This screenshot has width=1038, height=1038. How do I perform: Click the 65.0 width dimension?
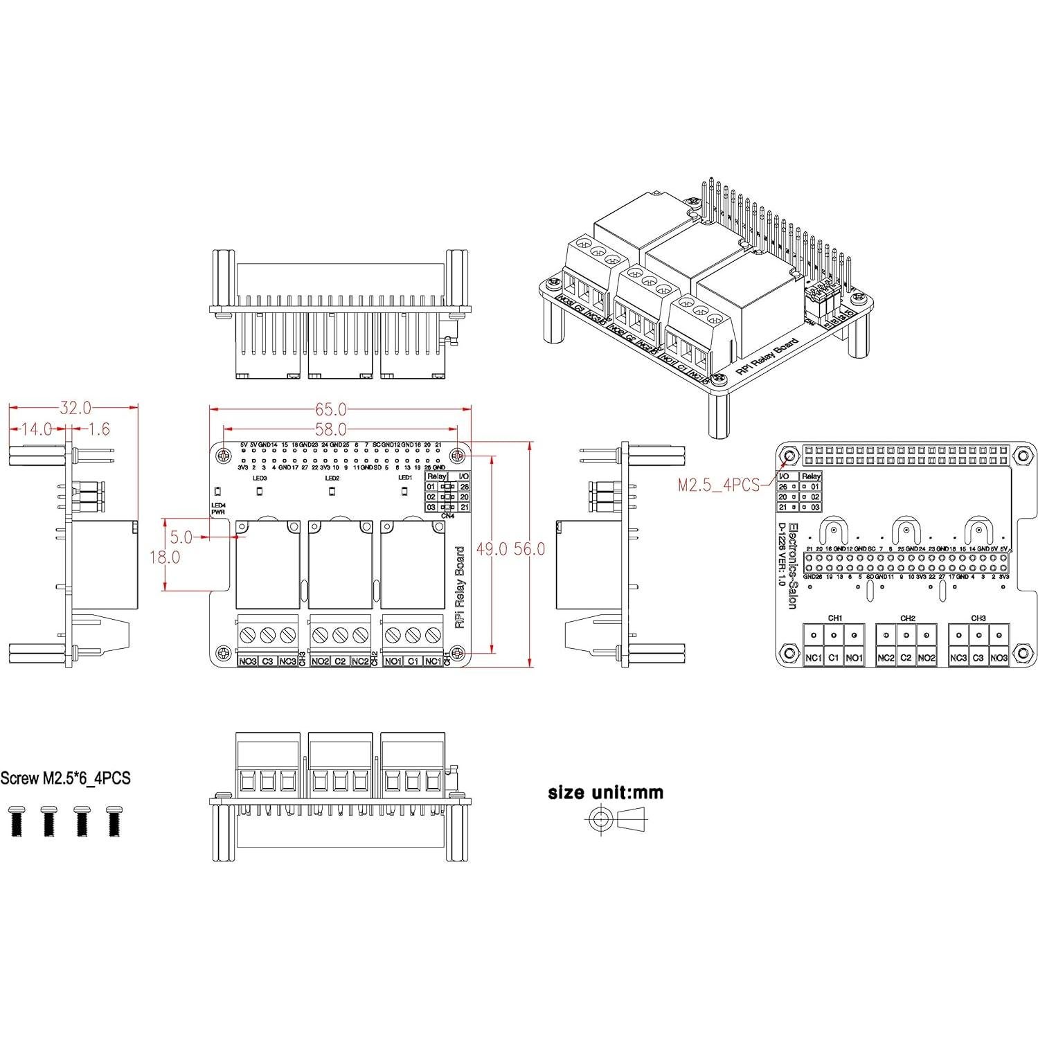330,410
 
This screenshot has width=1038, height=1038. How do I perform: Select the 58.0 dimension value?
330,430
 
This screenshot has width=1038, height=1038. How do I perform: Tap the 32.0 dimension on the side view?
75,408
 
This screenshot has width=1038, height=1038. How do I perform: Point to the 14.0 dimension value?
36,429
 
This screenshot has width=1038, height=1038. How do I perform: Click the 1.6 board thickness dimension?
98,429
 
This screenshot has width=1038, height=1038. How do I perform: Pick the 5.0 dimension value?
181,537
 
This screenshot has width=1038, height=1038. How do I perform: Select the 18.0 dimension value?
165,557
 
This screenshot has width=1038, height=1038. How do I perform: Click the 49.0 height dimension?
491,549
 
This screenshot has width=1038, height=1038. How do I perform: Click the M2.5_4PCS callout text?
719,485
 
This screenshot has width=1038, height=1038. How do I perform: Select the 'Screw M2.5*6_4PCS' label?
65,778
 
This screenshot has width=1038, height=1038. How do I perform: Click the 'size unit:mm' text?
605,792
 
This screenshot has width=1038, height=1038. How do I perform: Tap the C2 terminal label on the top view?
340,661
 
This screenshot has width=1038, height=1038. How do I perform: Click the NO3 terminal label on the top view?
248,661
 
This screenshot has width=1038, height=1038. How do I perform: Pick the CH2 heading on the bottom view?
908,618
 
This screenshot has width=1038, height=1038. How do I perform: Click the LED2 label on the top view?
332,478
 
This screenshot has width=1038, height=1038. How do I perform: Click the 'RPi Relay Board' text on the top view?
459,587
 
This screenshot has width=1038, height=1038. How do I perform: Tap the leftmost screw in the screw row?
17,821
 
